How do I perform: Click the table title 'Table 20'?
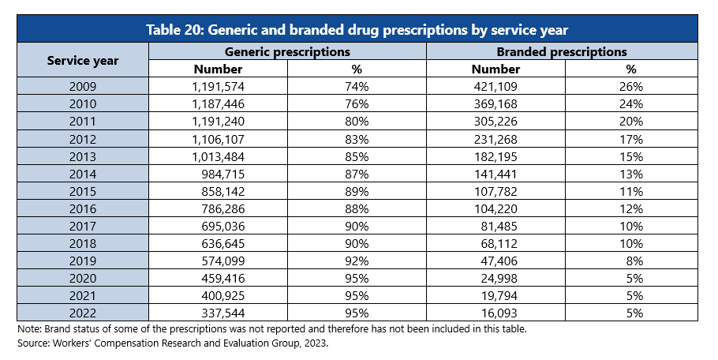[357, 29]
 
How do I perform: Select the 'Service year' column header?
[82, 60]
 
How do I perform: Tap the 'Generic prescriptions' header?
[287, 51]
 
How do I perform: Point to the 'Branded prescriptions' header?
[561, 51]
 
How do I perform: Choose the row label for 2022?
[82, 313]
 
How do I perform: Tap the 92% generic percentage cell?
[357, 261]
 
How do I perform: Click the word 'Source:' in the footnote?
[32, 343]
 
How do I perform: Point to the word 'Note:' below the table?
[28, 328]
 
